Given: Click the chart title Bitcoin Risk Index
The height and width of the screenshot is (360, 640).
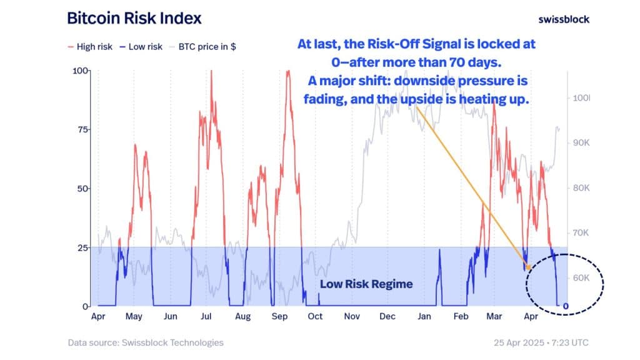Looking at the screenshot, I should click(x=134, y=18).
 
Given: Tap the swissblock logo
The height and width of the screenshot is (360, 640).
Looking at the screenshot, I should click(x=563, y=19).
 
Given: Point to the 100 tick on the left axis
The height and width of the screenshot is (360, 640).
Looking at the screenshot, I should click(x=81, y=71).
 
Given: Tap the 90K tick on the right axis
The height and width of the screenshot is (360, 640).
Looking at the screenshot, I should click(x=581, y=143).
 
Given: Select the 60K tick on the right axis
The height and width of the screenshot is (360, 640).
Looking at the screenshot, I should click(x=581, y=278).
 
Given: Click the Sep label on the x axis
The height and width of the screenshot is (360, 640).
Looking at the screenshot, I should click(x=279, y=316).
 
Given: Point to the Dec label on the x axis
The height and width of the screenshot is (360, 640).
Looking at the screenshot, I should click(x=387, y=316).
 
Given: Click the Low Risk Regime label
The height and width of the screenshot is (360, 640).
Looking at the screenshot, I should click(x=366, y=284).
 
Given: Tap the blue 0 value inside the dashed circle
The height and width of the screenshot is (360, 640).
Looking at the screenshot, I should click(x=566, y=306).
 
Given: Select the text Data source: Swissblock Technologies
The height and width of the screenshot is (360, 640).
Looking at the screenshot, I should click(x=145, y=342).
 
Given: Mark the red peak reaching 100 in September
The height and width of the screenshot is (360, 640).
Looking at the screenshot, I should click(x=287, y=71).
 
